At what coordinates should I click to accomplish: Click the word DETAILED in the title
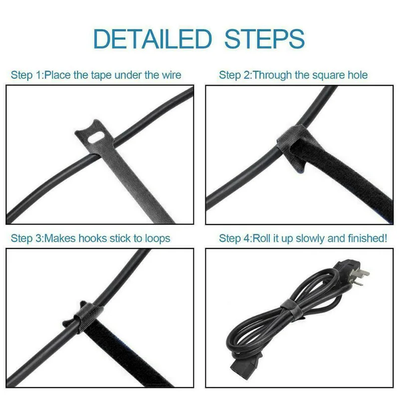[152, 39]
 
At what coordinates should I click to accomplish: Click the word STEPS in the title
[264, 39]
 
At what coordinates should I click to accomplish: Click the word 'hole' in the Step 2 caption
[358, 75]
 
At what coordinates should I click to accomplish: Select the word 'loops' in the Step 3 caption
[158, 239]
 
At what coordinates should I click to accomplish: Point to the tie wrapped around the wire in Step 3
[83, 316]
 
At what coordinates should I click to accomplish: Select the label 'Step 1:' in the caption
[27, 76]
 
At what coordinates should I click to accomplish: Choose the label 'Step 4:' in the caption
[235, 239]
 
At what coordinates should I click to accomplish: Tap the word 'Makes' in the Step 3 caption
[60, 238]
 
